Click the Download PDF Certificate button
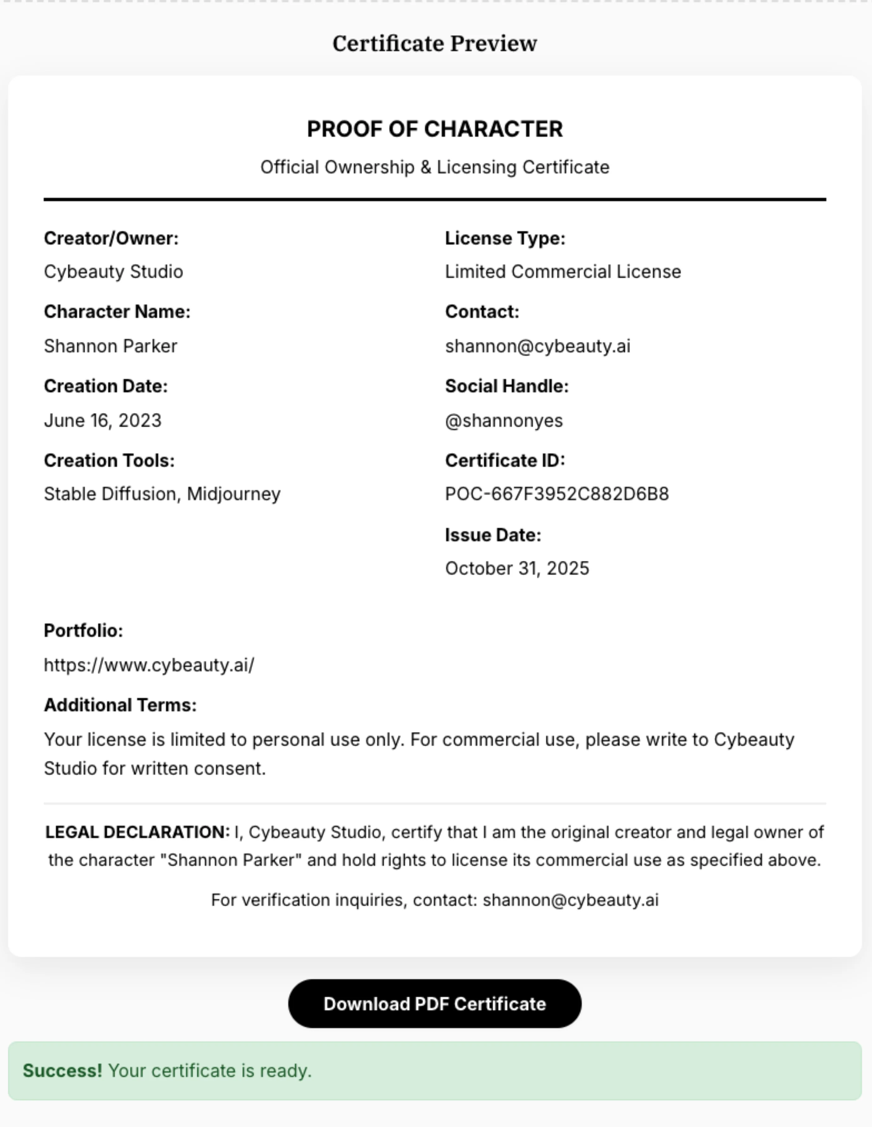[x=434, y=1004]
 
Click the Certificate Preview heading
[x=434, y=44]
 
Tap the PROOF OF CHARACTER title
[x=434, y=129]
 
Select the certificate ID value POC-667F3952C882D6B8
[x=557, y=494]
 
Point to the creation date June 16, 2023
[x=103, y=420]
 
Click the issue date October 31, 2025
[x=517, y=568]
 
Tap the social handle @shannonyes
[x=504, y=420]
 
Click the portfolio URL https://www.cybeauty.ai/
[x=149, y=665]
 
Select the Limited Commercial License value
[x=563, y=272]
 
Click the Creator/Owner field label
[x=111, y=239]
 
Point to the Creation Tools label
[x=109, y=460]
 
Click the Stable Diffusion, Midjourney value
[x=162, y=494]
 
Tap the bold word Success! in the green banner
[x=62, y=1071]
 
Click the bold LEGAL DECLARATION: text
[x=137, y=832]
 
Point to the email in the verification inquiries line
[x=570, y=900]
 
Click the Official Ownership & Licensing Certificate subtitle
[x=434, y=167]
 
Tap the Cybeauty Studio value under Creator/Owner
[x=113, y=272]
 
